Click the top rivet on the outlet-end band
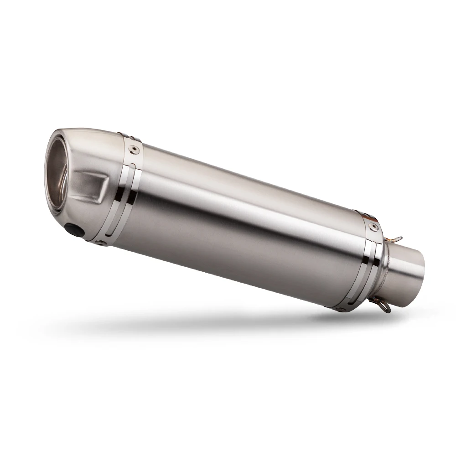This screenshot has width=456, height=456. pos(132,147)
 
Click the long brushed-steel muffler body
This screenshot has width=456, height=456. pos(246,228)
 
